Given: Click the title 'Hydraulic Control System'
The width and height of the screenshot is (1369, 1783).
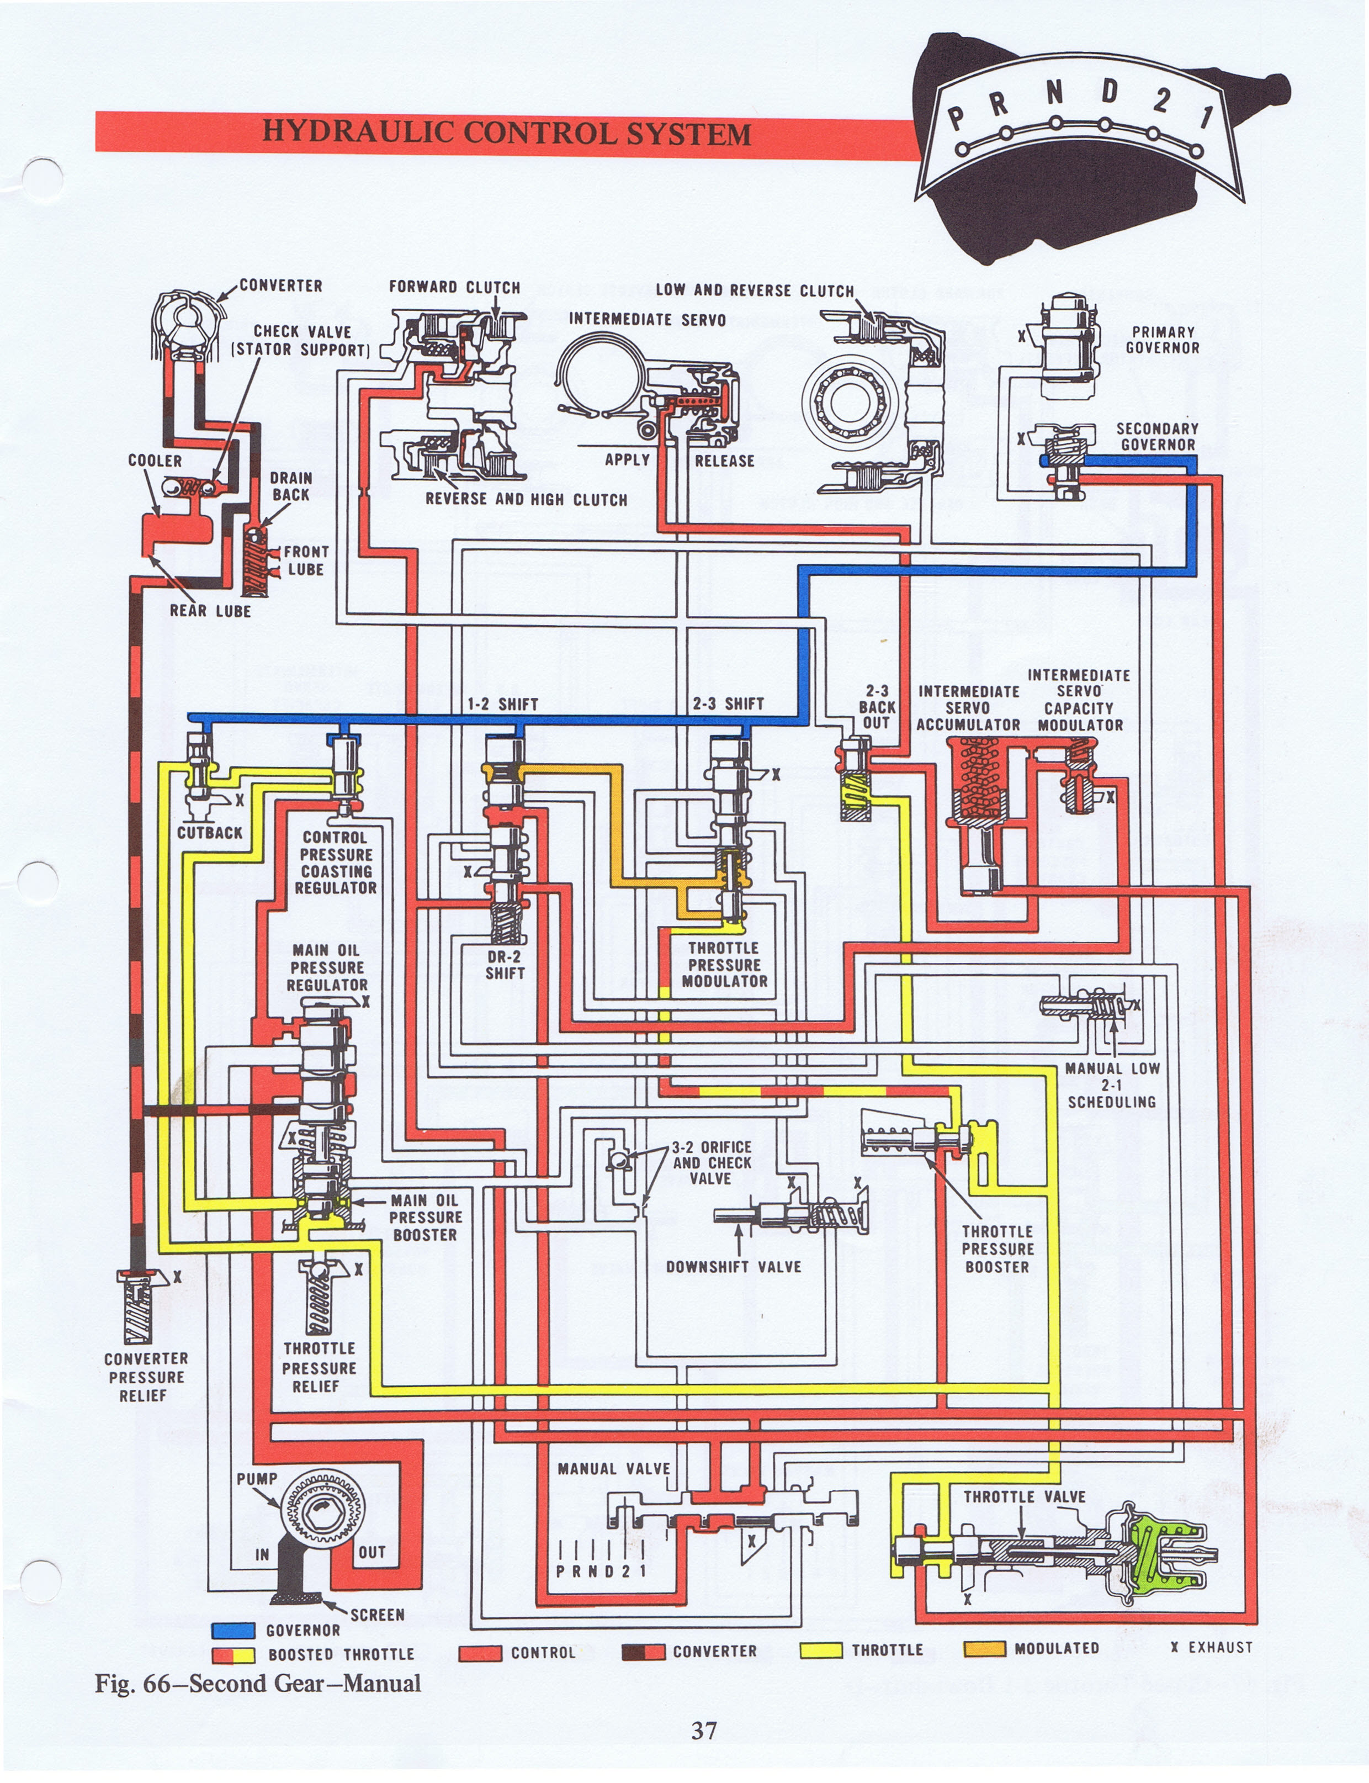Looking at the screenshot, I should pos(506,132).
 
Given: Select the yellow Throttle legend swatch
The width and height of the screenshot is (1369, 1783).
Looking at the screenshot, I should pos(821,1650).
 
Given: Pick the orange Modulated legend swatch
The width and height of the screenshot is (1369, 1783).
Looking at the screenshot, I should pos(984,1648).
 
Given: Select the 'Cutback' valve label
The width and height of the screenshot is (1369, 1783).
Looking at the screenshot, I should pos(209,832).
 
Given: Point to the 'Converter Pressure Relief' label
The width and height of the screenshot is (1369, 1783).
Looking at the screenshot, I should pos(145,1377).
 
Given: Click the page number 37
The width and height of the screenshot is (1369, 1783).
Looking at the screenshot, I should pos(704,1730).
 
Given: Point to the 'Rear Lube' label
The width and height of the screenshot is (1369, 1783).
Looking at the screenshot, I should pos(210,610).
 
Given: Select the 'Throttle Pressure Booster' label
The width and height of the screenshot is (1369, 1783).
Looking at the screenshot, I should pos(996,1248).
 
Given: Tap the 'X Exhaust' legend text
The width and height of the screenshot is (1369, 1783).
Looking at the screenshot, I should pos(1211,1647).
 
